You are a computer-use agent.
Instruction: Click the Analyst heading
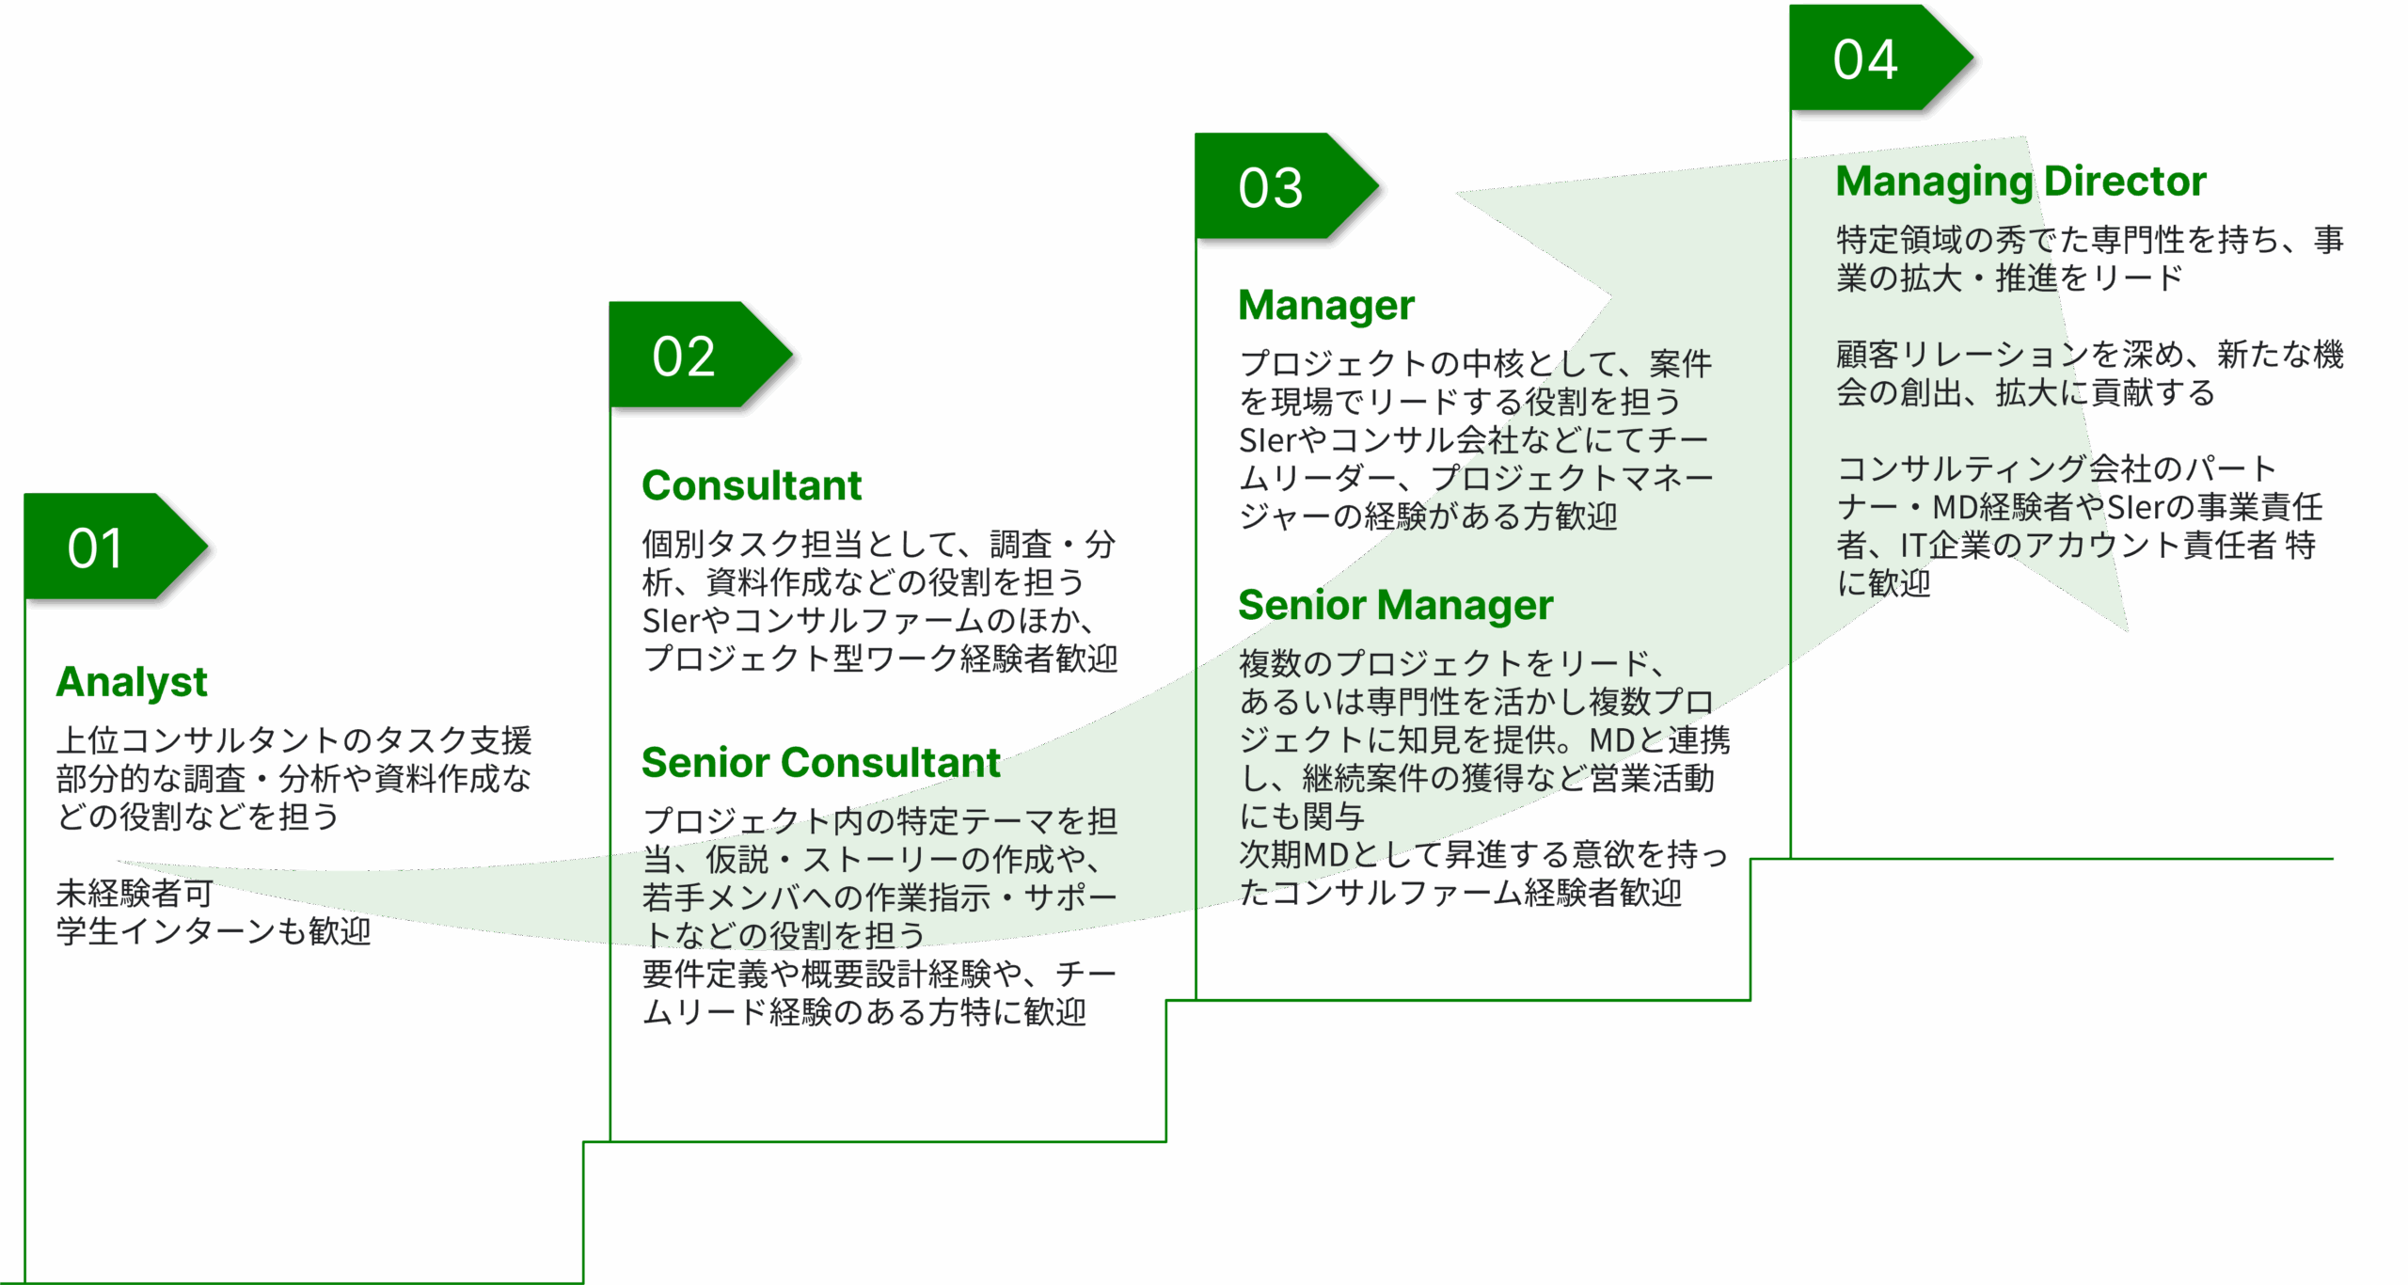[132, 682]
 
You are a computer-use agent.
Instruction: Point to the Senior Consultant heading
[820, 763]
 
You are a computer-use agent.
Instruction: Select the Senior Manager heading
[1395, 606]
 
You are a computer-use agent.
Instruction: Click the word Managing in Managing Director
[1934, 182]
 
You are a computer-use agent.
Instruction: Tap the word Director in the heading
[2126, 182]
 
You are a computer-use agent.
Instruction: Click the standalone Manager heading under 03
[1326, 306]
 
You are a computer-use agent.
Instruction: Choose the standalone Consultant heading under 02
[752, 486]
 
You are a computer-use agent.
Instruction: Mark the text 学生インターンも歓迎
[214, 931]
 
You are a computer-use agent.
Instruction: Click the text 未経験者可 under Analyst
[135, 893]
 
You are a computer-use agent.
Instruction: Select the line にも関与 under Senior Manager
[1302, 817]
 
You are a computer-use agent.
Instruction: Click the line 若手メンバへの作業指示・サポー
[879, 897]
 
